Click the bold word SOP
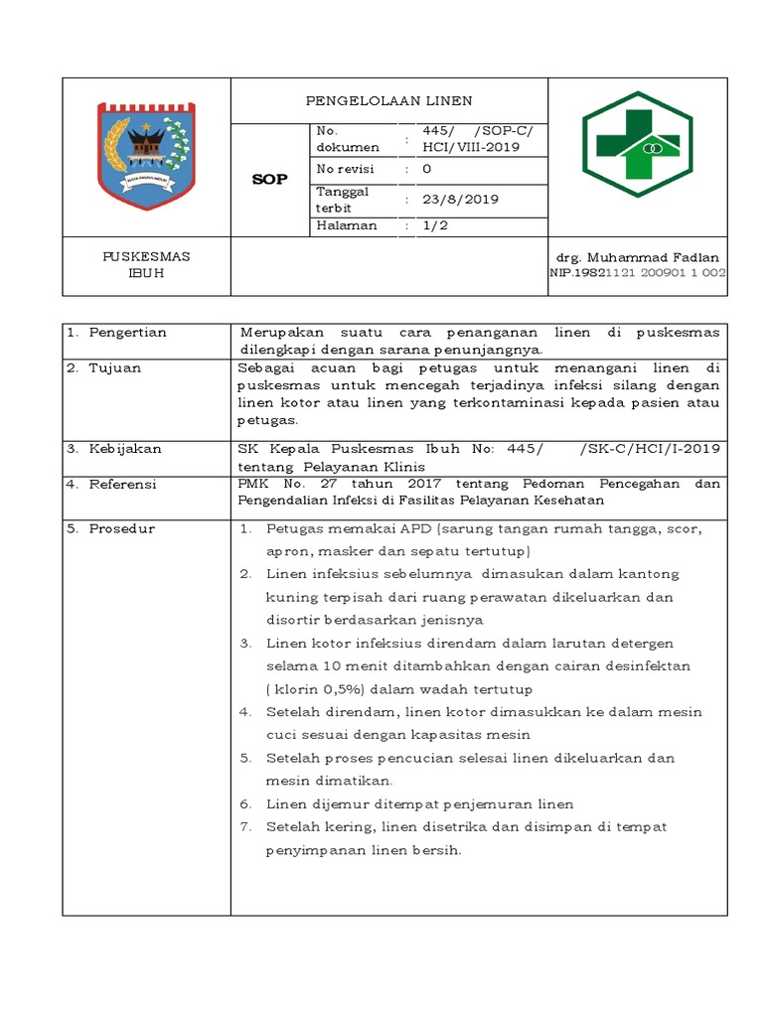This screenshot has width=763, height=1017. click(270, 180)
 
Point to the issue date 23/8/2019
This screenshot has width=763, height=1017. click(461, 200)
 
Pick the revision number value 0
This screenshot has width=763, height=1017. click(427, 170)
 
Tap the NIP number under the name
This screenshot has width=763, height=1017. click(638, 273)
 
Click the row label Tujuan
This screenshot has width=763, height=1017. click(115, 368)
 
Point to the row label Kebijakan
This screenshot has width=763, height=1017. click(125, 449)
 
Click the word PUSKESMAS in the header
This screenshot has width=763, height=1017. click(147, 256)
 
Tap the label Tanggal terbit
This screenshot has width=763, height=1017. click(343, 199)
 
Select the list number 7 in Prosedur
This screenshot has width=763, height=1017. click(245, 827)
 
